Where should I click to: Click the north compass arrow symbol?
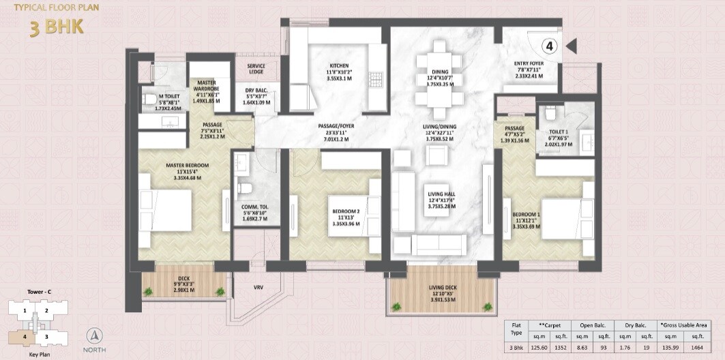point(96,337)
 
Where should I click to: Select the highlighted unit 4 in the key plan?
point(24,336)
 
